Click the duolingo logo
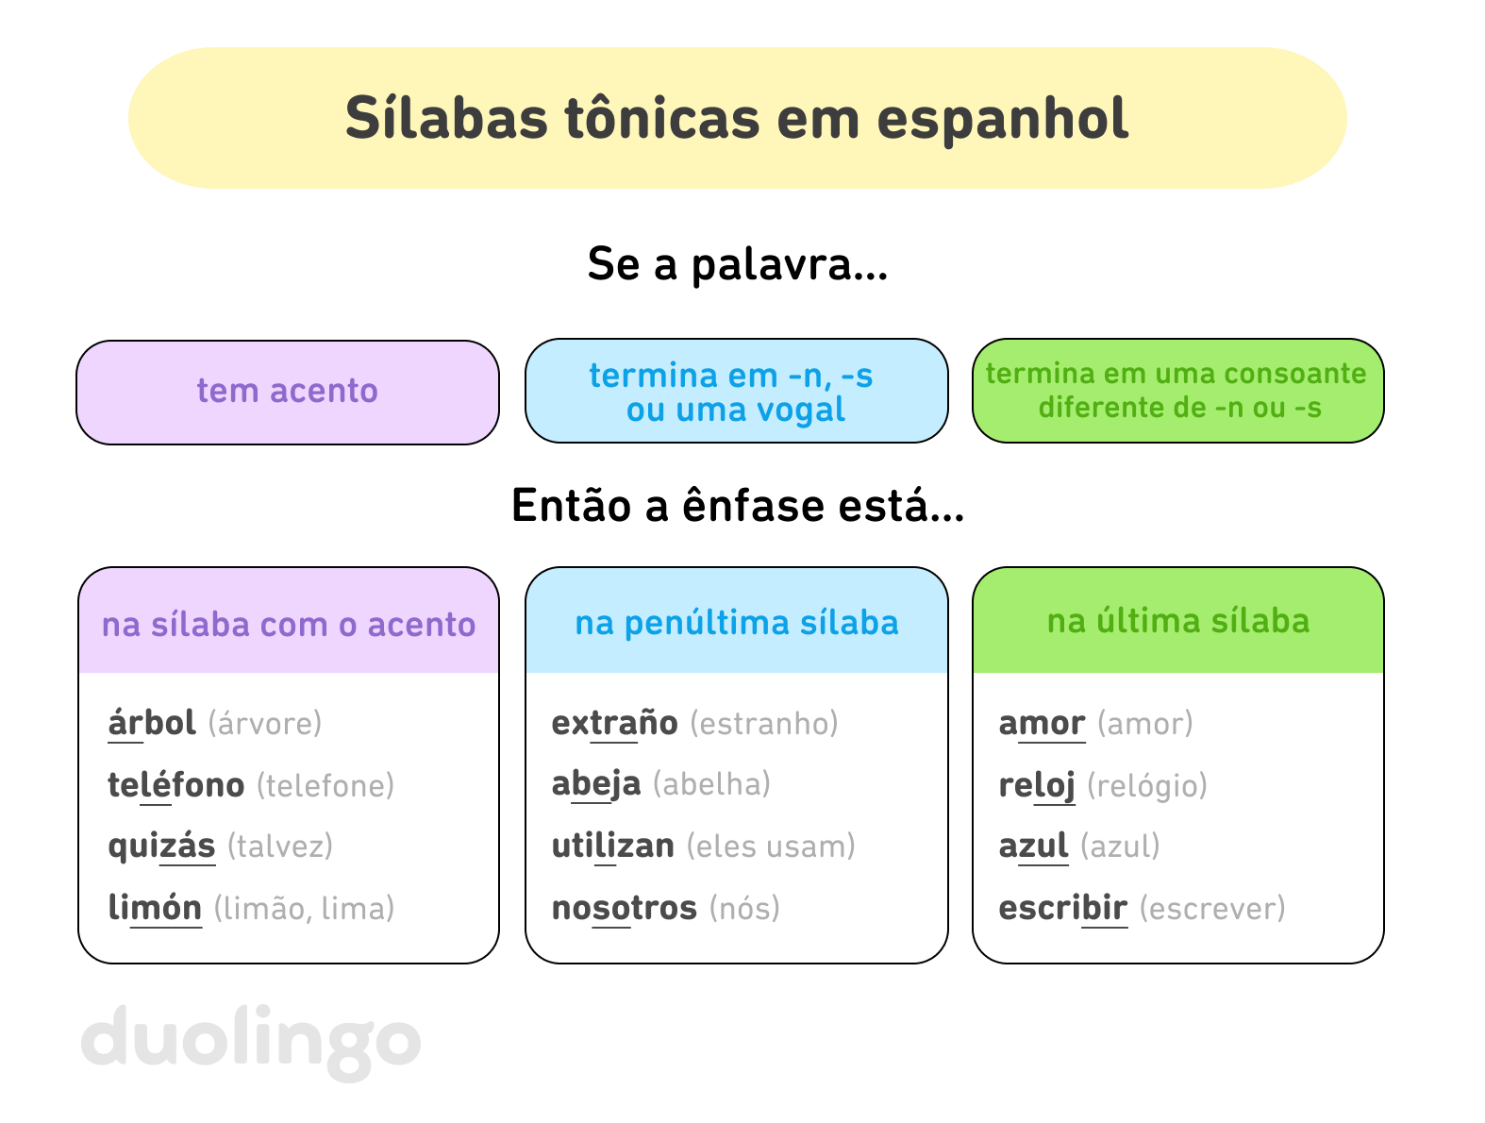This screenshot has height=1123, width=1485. click(251, 1041)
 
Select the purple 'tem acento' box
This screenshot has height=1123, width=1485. click(288, 392)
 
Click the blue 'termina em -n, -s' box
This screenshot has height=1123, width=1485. click(736, 392)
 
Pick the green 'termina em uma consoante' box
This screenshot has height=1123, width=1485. click(1177, 391)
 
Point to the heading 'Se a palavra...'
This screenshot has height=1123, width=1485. click(737, 264)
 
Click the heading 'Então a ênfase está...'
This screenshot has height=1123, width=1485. click(737, 506)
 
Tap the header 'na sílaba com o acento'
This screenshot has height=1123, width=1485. click(289, 624)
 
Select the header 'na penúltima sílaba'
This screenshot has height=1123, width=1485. click(736, 623)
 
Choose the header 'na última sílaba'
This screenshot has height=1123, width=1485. click(1177, 621)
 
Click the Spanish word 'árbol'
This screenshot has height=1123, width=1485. click(152, 723)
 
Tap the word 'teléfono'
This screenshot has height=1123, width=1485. click(176, 785)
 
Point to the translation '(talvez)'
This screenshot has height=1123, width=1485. click(280, 846)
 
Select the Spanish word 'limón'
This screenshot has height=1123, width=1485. click(155, 908)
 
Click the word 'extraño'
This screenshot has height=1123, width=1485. click(614, 723)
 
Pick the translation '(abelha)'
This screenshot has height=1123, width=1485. click(711, 784)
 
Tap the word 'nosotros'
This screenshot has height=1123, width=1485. click(624, 908)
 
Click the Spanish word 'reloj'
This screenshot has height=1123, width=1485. click(1037, 785)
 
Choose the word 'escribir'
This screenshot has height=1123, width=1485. click(1062, 908)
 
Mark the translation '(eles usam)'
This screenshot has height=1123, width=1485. click(771, 846)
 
